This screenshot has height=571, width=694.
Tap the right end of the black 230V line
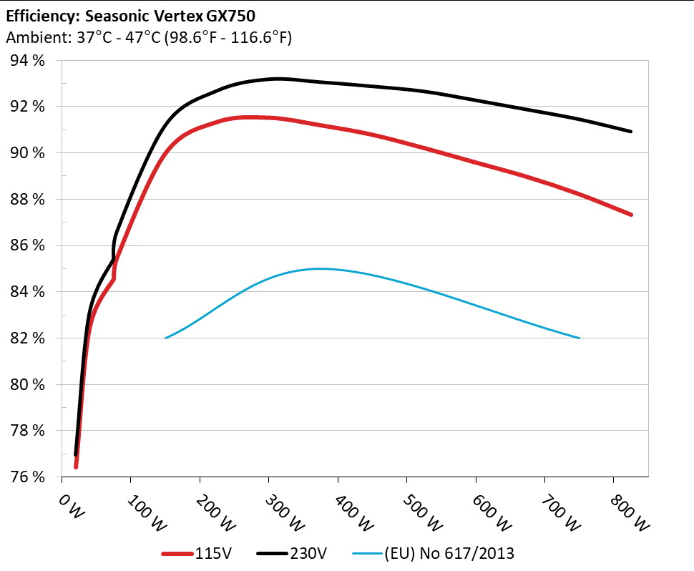pos(631,132)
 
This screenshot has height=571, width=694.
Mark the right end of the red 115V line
pos(631,215)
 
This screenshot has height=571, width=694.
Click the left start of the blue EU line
pos(166,338)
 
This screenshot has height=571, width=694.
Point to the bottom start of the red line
pos(76,467)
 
